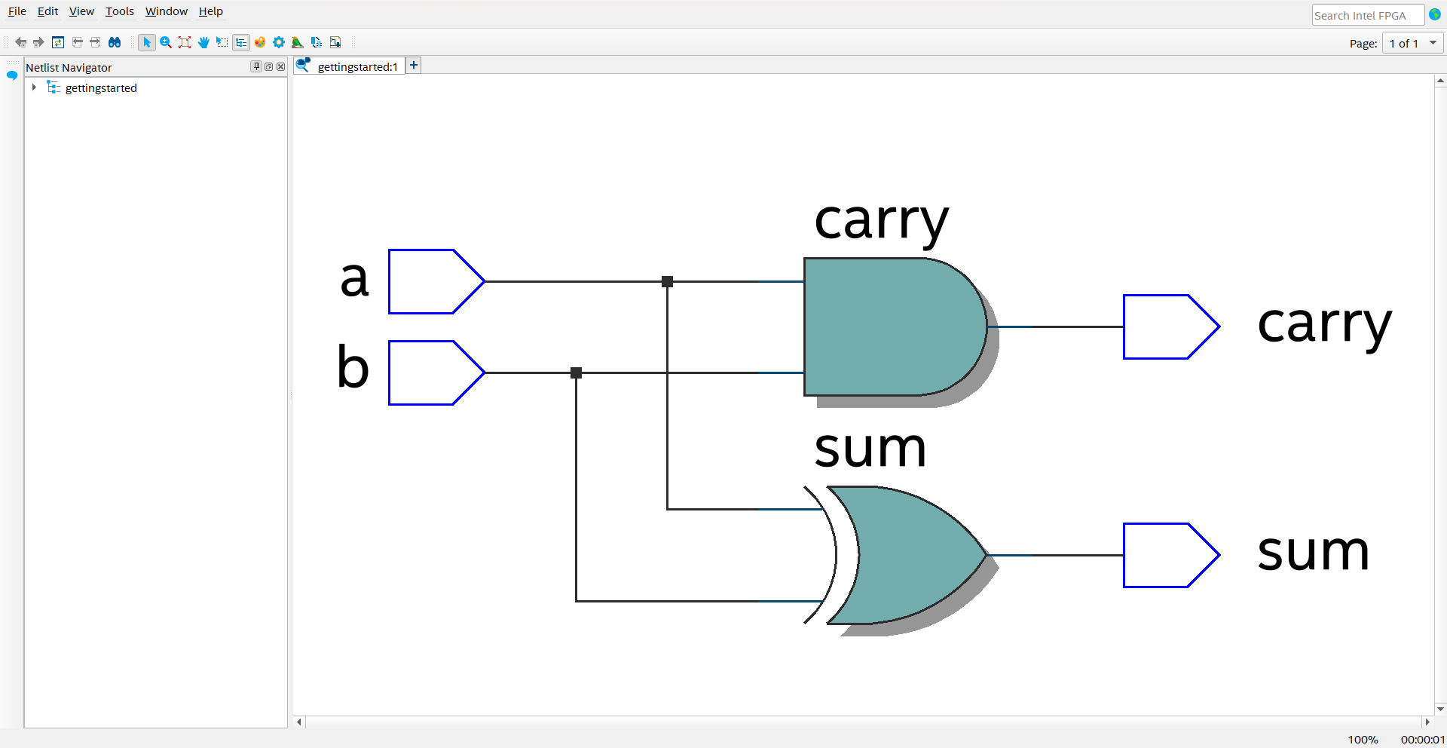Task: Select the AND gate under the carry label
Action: (889, 326)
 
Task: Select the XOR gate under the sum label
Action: (904, 555)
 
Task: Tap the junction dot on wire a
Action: (667, 281)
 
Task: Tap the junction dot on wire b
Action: (577, 372)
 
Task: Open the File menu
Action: (17, 11)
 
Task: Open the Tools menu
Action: (119, 11)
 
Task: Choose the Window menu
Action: (166, 11)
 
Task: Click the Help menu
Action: (210, 11)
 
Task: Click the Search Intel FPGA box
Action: (1366, 15)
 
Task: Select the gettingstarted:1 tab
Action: (356, 66)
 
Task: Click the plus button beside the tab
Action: (414, 66)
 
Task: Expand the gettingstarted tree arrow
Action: (34, 87)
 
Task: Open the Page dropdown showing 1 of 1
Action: (1413, 44)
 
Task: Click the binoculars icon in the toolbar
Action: (115, 42)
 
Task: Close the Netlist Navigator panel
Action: (281, 66)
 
